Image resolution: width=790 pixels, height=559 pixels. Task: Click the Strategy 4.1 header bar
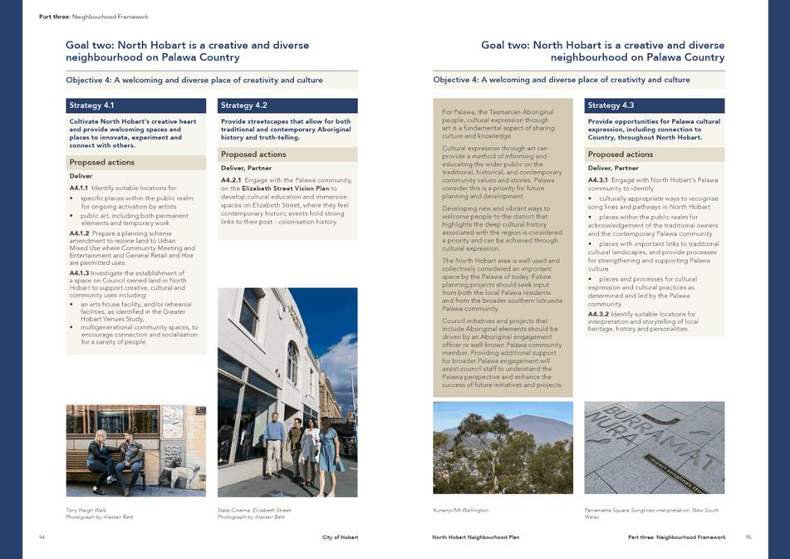coord(135,105)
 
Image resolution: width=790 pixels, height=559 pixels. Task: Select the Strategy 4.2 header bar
coord(287,105)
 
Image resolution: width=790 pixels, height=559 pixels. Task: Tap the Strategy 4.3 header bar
coord(655,105)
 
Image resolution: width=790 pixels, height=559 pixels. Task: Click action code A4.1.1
coord(80,189)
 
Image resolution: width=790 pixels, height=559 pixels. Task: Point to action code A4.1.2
coord(80,233)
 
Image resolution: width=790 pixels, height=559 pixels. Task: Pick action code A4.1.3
coord(80,272)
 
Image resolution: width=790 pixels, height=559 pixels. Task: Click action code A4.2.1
coord(231,179)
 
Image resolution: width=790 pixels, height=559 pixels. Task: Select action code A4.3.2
coord(598,314)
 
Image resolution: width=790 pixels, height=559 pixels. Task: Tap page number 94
coord(42,537)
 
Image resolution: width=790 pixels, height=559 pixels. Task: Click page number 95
coord(748,537)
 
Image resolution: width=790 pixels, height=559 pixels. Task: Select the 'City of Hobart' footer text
coord(341,537)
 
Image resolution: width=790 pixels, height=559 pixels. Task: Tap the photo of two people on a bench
coord(135,449)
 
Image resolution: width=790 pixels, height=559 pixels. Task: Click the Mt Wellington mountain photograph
coord(503,448)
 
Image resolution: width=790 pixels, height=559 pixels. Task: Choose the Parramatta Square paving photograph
coord(655,448)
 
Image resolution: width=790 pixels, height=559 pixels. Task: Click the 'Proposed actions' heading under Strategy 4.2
coord(253,154)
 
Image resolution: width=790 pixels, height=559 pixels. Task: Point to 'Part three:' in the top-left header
coord(54,17)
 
